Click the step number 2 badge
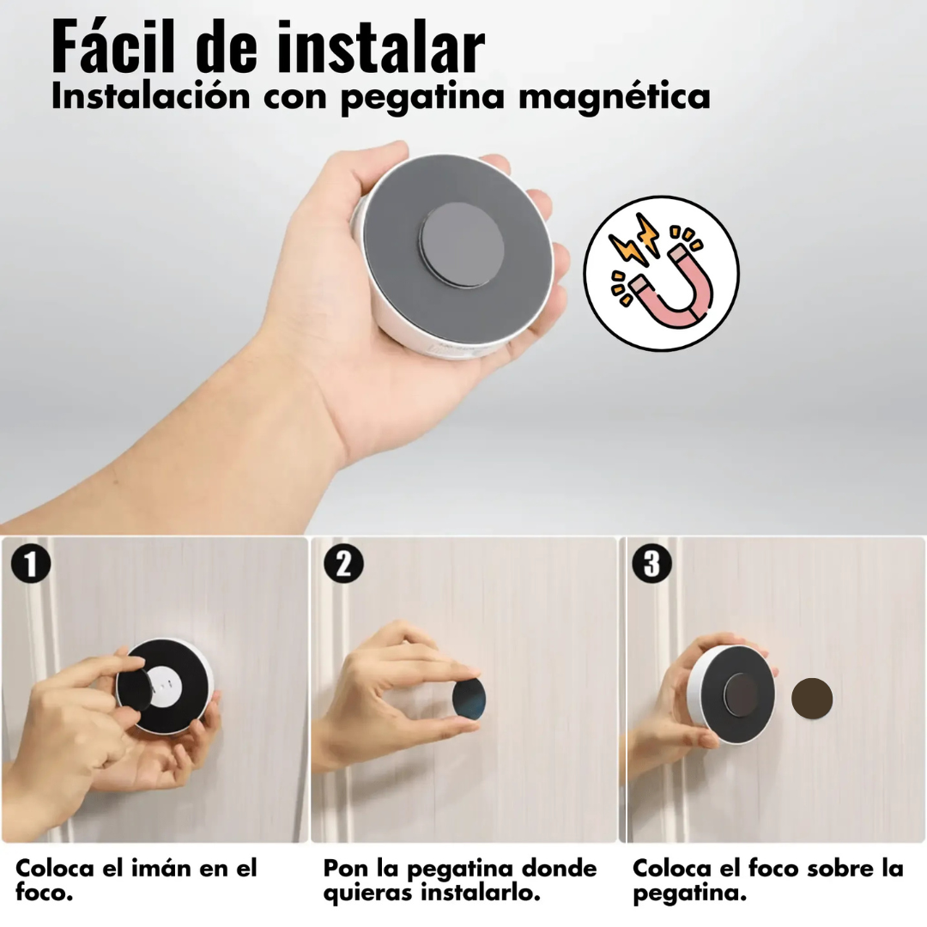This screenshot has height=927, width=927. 343,565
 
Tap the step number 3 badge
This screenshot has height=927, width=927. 651,565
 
